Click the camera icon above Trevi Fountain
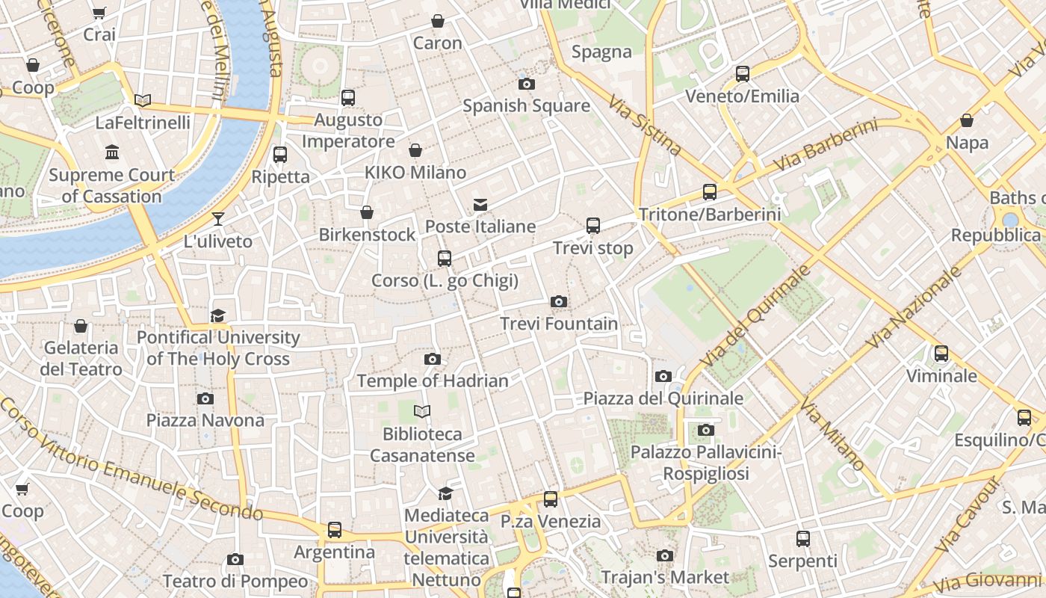point(558,302)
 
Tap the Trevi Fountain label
point(559,324)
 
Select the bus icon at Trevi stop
point(593,226)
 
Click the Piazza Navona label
point(205,420)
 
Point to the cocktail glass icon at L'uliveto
point(218,219)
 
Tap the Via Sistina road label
point(644,125)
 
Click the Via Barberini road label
point(826,145)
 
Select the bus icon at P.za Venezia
point(551,499)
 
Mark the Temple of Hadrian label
point(433,380)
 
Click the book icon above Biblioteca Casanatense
point(422,412)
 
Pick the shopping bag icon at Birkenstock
point(367,213)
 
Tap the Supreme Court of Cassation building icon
point(112,152)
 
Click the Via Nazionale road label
point(915,307)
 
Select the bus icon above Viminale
point(941,354)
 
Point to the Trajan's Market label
point(665,577)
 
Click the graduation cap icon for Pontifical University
point(217,315)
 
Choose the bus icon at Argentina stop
point(335,530)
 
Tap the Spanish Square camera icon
point(527,84)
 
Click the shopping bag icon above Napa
point(967,120)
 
